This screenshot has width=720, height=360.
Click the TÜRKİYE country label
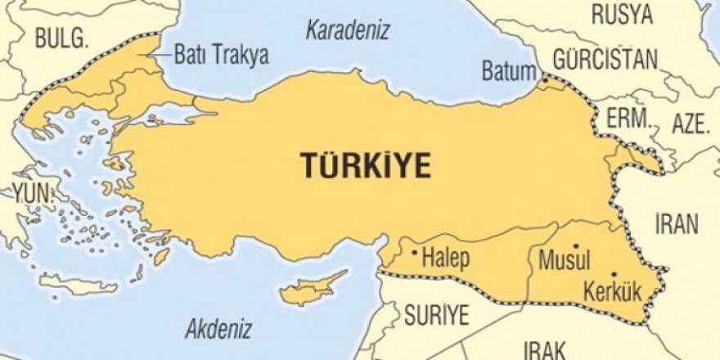367,165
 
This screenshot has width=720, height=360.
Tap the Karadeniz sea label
348,31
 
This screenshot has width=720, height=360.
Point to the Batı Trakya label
222,56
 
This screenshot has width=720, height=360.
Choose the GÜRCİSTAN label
605,59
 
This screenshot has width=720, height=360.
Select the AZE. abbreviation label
689,124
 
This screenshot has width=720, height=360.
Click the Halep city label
447,259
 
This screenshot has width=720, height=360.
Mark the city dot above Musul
577,245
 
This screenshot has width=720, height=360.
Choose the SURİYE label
436,314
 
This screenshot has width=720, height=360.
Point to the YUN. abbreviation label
29,194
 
